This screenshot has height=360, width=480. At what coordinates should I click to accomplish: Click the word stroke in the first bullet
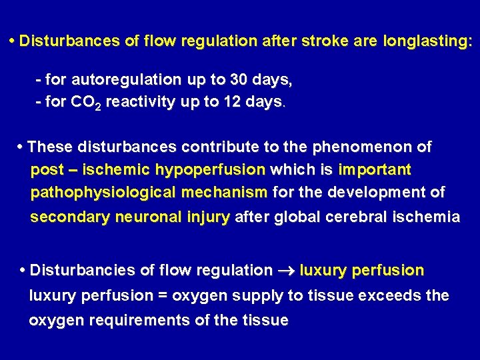pos(323,41)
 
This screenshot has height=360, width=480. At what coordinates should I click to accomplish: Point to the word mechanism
pos(223,193)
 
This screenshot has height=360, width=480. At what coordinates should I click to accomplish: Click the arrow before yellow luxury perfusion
pos(286,271)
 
